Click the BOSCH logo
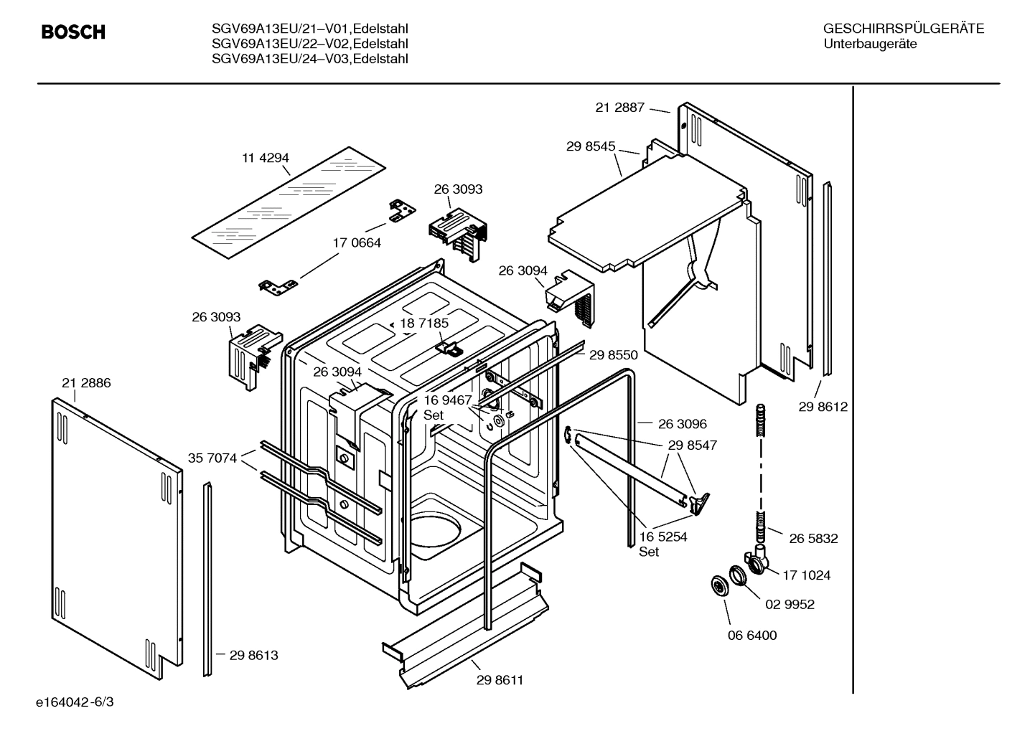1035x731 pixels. point(73,32)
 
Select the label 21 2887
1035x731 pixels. point(619,108)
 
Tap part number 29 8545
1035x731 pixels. point(590,146)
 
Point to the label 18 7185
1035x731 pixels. point(424,324)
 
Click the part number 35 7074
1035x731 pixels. point(212,458)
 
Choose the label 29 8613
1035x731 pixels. point(253,655)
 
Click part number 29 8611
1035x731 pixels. point(500,680)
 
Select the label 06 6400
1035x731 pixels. point(751,636)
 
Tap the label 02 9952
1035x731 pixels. point(790,605)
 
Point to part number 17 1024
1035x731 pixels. point(806,575)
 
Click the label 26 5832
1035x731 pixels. point(813,539)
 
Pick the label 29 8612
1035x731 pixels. point(823,407)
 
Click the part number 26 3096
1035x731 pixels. point(682,424)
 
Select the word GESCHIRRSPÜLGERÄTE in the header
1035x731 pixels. point(903,29)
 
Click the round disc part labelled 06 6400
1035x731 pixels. point(718,585)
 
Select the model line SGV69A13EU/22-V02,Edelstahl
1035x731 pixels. point(310,44)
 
